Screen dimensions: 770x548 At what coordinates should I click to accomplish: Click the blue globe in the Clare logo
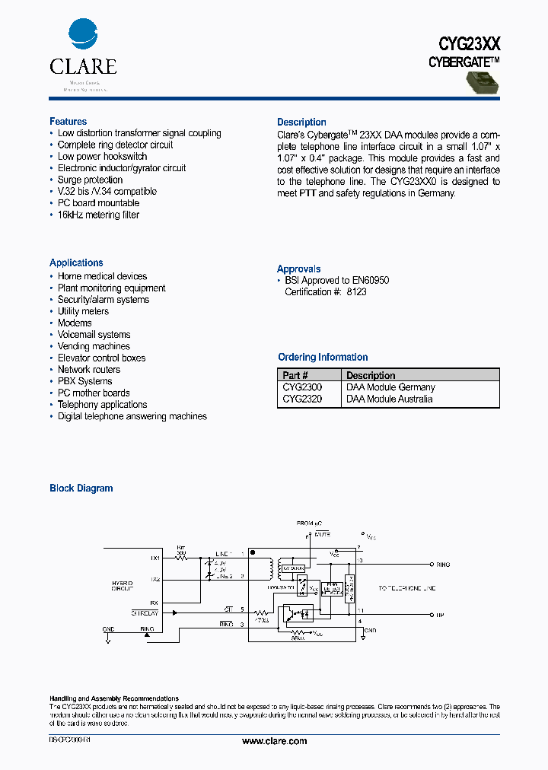pyautogui.click(x=83, y=35)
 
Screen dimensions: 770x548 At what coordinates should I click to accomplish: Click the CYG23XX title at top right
pyautogui.click(x=469, y=44)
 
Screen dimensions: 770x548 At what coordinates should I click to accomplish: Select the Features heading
pyautogui.click(x=68, y=122)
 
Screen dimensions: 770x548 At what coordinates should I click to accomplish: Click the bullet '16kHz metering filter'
pyautogui.click(x=98, y=215)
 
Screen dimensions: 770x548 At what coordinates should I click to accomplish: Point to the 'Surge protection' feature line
pyautogui.click(x=90, y=180)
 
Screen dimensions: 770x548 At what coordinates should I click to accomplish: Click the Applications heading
pyautogui.click(x=76, y=262)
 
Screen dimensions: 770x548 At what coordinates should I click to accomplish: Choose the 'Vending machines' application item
pyautogui.click(x=94, y=346)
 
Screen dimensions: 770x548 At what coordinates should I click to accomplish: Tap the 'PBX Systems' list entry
pyautogui.click(x=84, y=381)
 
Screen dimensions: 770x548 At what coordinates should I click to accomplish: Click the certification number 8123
pyautogui.click(x=356, y=292)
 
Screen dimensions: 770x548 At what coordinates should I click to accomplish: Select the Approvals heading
pyautogui.click(x=298, y=269)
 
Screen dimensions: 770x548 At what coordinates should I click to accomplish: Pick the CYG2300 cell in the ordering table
pyautogui.click(x=302, y=387)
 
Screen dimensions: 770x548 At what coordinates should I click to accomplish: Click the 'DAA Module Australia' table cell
pyautogui.click(x=389, y=399)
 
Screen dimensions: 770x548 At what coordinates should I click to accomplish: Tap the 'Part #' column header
pyautogui.click(x=295, y=376)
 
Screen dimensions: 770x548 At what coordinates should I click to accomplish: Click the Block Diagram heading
pyautogui.click(x=81, y=488)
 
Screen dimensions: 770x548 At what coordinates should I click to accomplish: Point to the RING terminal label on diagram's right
pyautogui.click(x=442, y=565)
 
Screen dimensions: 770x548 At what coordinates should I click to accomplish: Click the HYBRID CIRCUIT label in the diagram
pyautogui.click(x=122, y=586)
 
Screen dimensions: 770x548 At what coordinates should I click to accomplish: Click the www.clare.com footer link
pyautogui.click(x=274, y=741)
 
